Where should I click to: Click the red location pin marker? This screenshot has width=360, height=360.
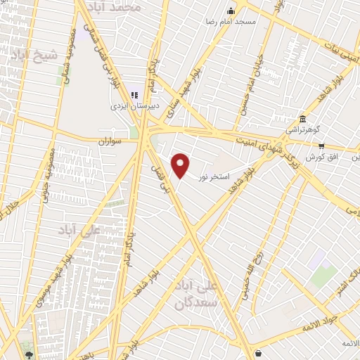click(181, 166)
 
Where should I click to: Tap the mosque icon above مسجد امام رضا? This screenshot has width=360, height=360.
click(231, 11)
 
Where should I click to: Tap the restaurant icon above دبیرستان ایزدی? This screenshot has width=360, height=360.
click(134, 95)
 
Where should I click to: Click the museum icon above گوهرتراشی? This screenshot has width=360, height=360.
click(302, 119)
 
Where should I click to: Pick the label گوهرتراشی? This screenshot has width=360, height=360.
click(302, 130)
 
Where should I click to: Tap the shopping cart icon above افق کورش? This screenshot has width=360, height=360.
click(321, 146)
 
